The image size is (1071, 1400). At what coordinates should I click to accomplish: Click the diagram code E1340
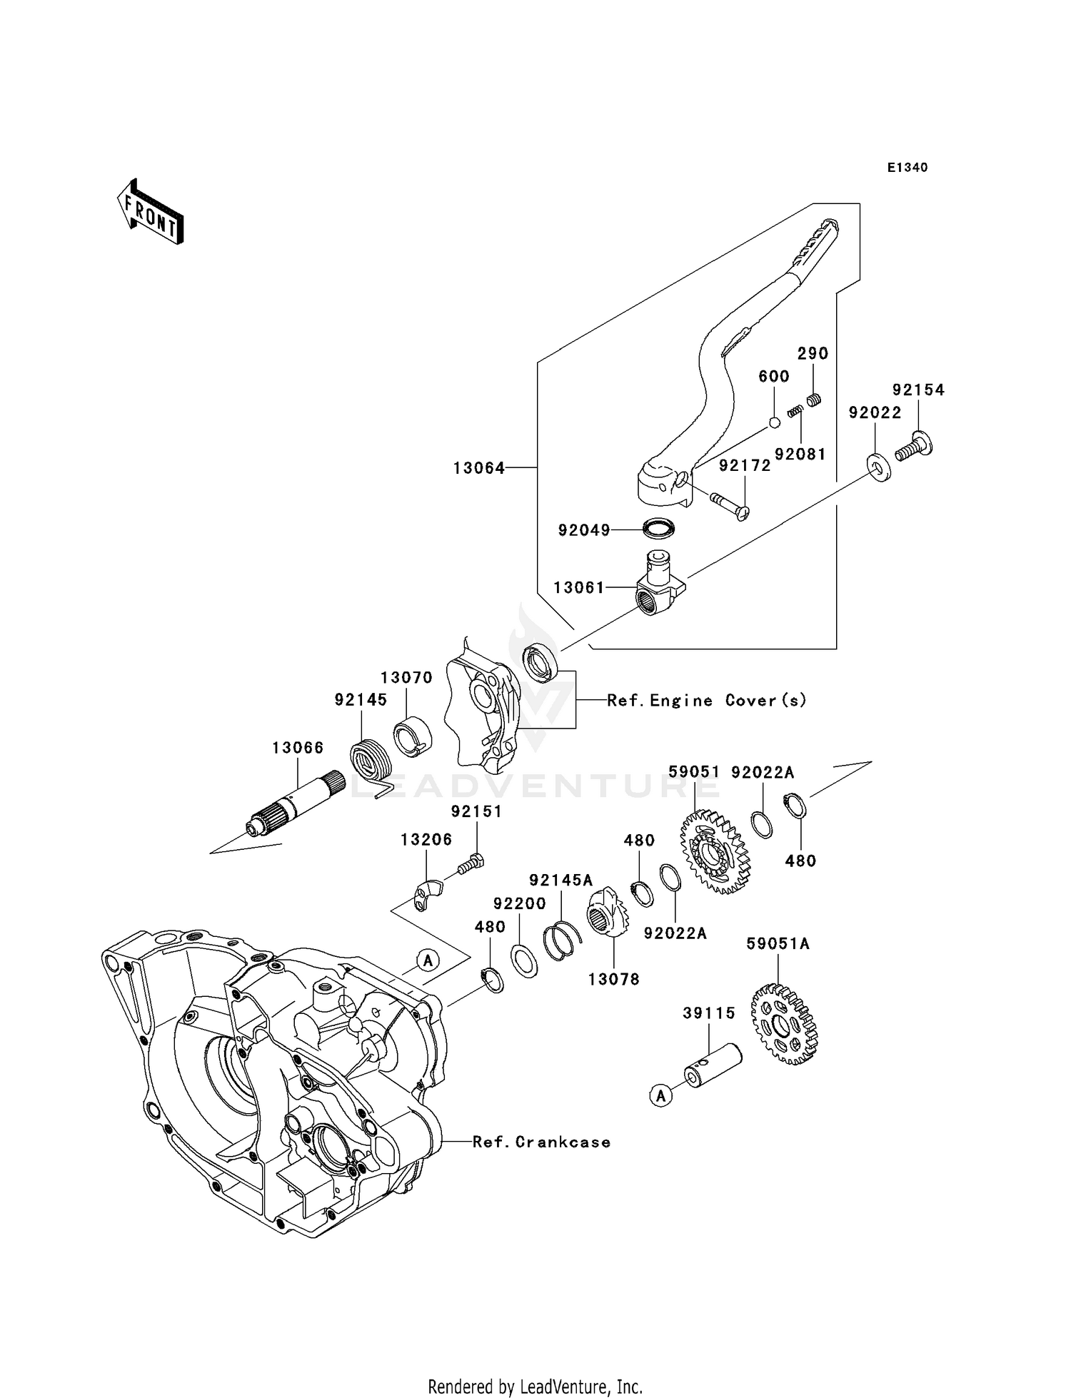[907, 168]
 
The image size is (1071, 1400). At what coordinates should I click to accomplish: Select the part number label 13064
[479, 468]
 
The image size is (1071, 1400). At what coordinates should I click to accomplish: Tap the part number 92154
[918, 390]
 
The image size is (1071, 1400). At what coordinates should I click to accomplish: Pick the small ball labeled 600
[774, 423]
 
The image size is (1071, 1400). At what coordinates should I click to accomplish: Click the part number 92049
[584, 529]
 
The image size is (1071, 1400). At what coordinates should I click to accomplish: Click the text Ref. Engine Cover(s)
[707, 700]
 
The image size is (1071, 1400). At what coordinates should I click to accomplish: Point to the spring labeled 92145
[372, 766]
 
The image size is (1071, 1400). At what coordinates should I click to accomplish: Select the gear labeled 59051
[711, 851]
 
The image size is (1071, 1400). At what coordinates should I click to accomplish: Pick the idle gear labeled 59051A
[783, 1025]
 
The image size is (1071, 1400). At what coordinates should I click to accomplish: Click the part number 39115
[709, 1013]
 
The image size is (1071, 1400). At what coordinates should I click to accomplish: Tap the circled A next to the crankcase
[428, 960]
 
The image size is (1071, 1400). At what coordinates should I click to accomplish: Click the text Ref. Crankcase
[542, 1142]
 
